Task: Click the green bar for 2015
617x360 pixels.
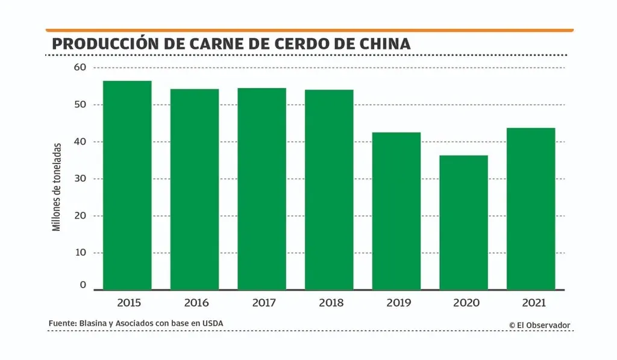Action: [x=127, y=185]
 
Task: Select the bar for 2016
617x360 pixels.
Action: [x=195, y=189]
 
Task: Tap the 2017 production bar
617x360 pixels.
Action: [x=262, y=189]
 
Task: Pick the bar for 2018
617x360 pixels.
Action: [x=329, y=190]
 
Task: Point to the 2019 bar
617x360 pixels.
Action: [x=396, y=211]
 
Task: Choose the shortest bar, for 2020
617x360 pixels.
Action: [x=463, y=223]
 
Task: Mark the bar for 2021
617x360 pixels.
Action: [x=531, y=209]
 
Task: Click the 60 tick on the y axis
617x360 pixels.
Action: [x=81, y=67]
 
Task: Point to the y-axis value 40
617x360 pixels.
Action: [x=81, y=141]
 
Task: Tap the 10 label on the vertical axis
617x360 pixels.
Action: [x=81, y=252]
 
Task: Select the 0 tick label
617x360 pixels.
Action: [x=83, y=285]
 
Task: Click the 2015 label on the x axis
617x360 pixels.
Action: [x=127, y=302]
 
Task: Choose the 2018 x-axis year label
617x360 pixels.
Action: [x=329, y=302]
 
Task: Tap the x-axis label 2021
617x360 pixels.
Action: [x=531, y=302]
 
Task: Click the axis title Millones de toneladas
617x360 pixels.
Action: [x=57, y=187]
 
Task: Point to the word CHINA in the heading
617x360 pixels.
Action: [x=386, y=44]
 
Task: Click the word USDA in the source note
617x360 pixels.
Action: [x=212, y=324]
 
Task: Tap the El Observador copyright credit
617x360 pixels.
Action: [x=539, y=325]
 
